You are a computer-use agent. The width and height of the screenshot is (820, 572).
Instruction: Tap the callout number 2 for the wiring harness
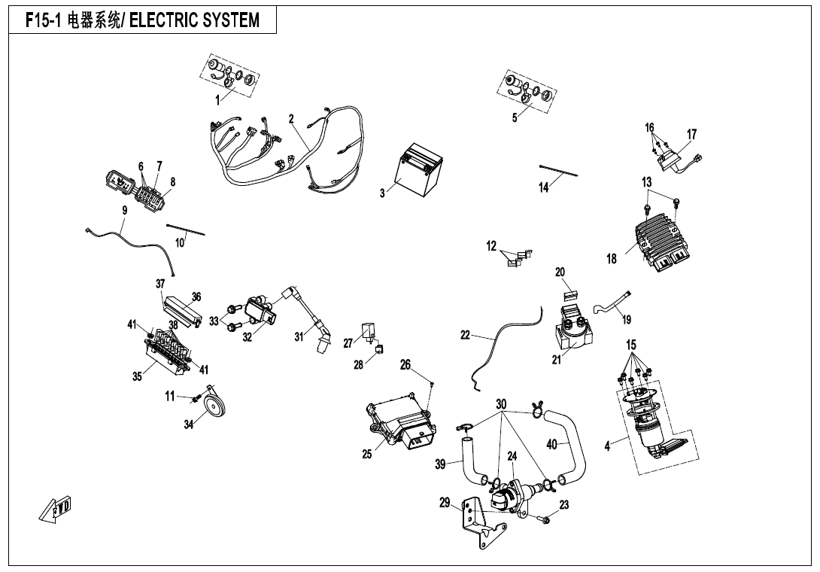point(291,119)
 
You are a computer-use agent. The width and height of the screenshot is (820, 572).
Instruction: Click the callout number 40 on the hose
point(551,444)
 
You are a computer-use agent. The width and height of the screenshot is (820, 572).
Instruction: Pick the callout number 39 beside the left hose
point(441,464)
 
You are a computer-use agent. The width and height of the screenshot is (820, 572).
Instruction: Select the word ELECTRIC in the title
point(161,20)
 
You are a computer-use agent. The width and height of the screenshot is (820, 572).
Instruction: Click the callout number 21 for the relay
point(557,361)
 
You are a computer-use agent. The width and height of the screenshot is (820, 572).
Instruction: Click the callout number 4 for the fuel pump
point(607,446)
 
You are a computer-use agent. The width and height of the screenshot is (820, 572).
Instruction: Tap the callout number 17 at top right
point(691,134)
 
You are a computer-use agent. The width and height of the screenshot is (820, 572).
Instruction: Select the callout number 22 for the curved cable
point(465,336)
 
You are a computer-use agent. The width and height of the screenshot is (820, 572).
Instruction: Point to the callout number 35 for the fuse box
point(138,377)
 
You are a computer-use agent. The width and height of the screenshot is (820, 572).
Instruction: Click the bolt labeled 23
point(545,519)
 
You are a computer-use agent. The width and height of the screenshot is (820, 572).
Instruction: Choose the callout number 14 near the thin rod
point(544,187)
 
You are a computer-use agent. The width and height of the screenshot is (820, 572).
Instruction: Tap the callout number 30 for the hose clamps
point(501,404)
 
